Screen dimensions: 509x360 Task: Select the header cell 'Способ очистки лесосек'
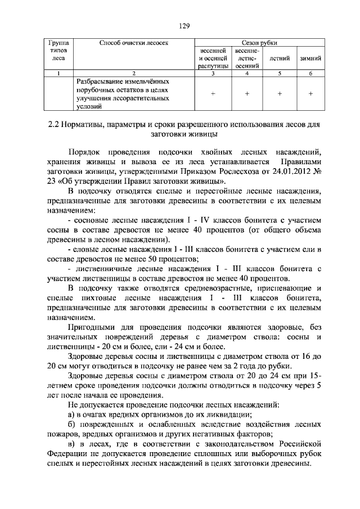pyautogui.click(x=134, y=43)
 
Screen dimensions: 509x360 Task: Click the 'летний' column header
pyautogui.click(x=280, y=58)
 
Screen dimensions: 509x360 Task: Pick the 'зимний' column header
pyautogui.click(x=310, y=58)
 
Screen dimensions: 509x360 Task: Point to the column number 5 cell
pyautogui.click(x=280, y=74)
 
